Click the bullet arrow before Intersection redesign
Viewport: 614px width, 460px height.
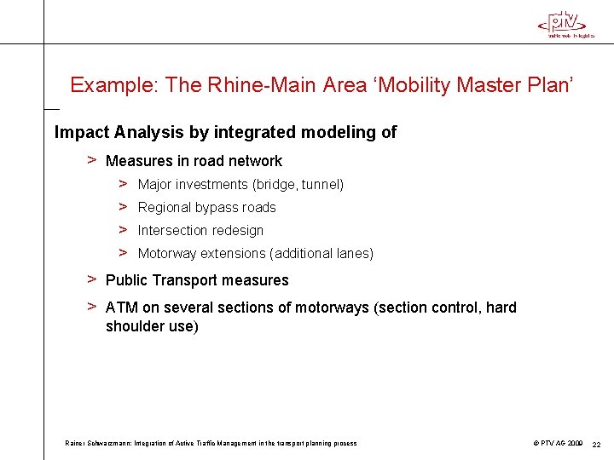coord(123,230)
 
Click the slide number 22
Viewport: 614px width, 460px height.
coord(597,444)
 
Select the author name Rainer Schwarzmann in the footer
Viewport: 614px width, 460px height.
coord(99,443)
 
